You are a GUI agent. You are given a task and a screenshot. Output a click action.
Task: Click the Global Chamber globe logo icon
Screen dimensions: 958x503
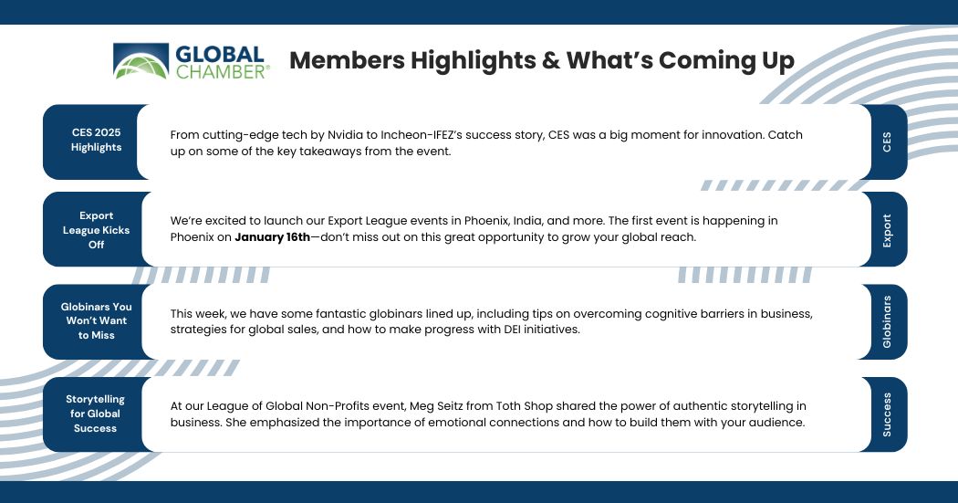[141, 61]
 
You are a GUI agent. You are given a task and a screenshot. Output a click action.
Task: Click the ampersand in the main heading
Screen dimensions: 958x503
[551, 60]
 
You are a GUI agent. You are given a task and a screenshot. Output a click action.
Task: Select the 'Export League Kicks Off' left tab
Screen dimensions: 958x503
[96, 230]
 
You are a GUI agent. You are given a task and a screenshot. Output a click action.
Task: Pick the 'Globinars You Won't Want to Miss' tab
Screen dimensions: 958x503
[96, 320]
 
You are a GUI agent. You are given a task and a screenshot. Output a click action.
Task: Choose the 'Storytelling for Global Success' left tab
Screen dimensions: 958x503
[96, 414]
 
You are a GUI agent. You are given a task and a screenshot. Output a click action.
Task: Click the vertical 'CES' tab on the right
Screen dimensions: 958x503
[886, 141]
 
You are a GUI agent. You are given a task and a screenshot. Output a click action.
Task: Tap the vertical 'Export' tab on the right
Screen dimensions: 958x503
[886, 230]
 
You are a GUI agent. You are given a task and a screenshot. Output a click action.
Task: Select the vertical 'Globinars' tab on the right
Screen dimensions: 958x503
[886, 321]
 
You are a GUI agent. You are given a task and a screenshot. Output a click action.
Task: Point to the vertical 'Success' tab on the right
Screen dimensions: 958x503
[886, 414]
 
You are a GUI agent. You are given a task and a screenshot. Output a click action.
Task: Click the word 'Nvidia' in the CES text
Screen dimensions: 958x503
[345, 135]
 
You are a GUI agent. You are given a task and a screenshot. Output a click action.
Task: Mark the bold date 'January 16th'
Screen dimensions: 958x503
[273, 237]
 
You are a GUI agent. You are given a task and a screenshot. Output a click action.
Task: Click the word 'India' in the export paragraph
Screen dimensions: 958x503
[528, 221]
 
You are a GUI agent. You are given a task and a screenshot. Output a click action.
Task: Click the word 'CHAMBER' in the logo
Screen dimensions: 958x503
[221, 72]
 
